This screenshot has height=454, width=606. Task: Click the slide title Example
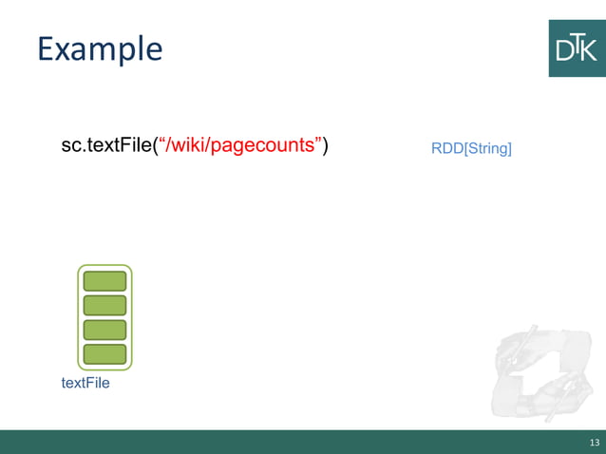(100, 49)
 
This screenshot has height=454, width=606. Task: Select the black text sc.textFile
(105, 146)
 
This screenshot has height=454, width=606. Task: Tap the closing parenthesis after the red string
(325, 146)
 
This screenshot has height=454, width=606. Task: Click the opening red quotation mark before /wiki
(163, 142)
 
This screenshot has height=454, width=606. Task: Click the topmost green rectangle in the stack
(104, 281)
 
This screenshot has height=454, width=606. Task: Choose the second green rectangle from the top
(104, 305)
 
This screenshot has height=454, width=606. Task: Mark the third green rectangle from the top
(104, 330)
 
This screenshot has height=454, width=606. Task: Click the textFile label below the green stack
(85, 383)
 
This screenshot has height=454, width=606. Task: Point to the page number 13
(594, 443)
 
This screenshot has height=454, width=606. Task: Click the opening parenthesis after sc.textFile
(156, 146)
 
